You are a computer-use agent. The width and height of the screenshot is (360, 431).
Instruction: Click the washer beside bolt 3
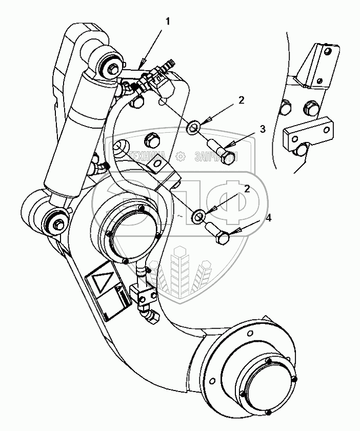(x=194, y=126)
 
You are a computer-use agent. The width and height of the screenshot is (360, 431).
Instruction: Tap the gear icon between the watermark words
(x=180, y=156)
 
